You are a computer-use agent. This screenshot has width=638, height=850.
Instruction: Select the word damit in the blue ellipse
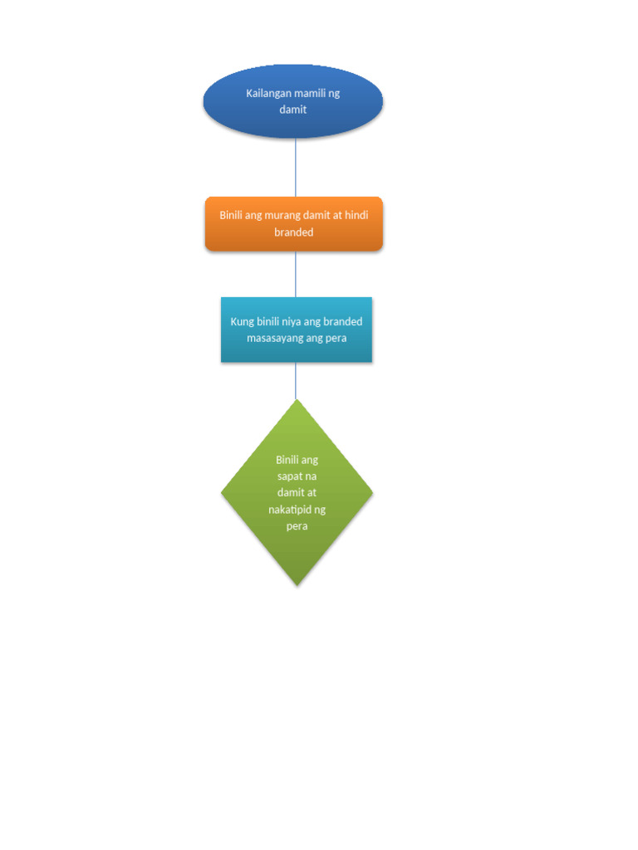click(x=293, y=109)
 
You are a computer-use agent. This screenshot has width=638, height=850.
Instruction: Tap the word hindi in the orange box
click(x=356, y=215)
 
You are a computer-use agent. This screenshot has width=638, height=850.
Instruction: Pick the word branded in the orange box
click(x=294, y=232)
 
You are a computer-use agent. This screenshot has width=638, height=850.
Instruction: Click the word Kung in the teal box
click(x=242, y=321)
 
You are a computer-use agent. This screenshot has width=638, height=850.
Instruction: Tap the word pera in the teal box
click(x=334, y=338)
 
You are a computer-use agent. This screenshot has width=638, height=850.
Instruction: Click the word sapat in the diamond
click(x=290, y=476)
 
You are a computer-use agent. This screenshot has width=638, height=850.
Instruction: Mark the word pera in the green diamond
click(x=297, y=526)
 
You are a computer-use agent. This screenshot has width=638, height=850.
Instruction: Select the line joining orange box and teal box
click(x=296, y=274)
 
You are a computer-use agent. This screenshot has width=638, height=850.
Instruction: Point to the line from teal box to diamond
click(x=296, y=381)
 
